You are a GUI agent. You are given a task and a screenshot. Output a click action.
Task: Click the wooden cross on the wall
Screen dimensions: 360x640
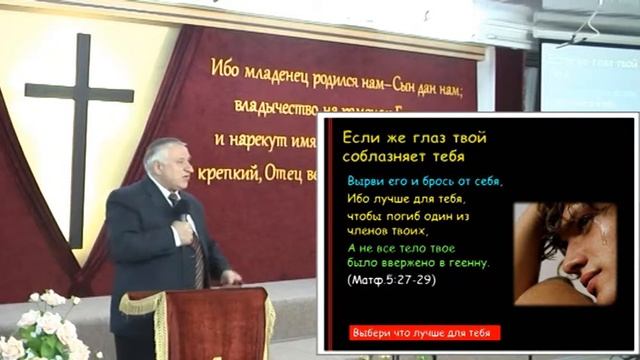tap(79, 100)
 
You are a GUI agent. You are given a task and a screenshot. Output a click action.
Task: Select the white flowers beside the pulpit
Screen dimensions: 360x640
tap(45, 325)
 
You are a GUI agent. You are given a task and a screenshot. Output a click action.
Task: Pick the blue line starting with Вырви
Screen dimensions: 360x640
tap(425, 181)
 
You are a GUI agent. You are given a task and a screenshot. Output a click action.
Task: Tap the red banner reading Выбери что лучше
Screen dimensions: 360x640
tap(425, 332)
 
